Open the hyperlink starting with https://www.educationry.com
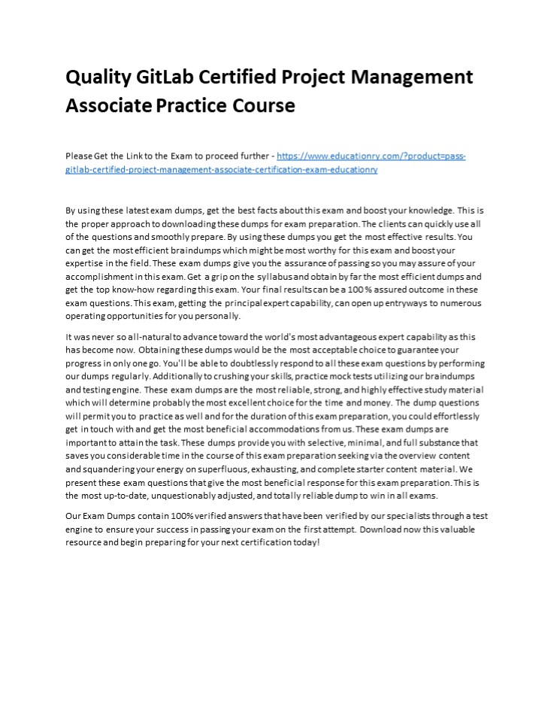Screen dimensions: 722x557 (x=371, y=156)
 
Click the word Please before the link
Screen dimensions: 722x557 (x=78, y=156)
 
